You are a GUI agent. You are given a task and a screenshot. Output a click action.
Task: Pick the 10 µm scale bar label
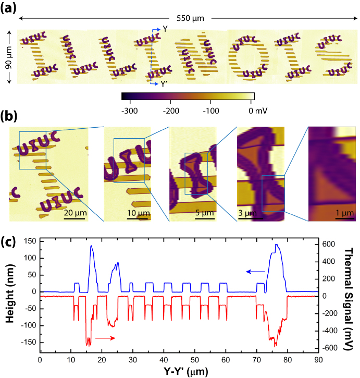pyautogui.click(x=136, y=213)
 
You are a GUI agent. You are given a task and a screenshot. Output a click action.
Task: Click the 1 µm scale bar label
pyautogui.click(x=341, y=213)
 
